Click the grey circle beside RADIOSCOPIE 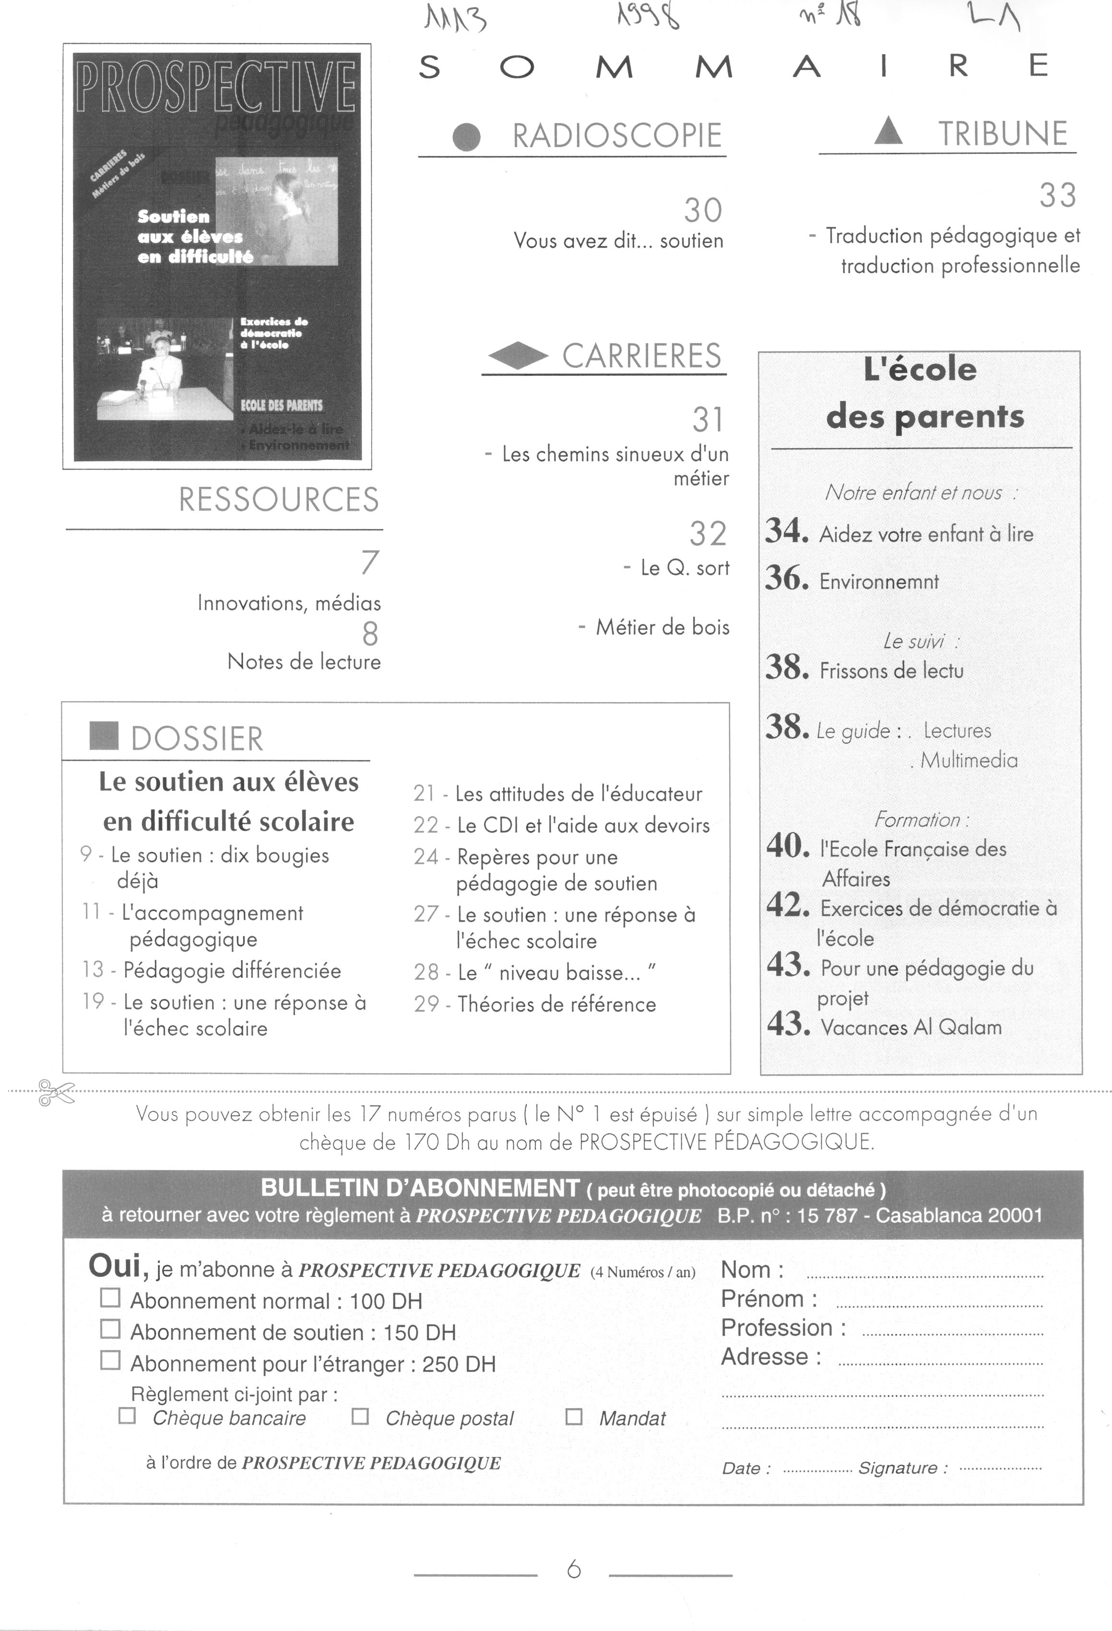pos(467,137)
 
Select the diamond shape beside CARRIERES pos(518,356)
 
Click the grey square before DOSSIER pos(104,736)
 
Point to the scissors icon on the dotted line pos(56,1092)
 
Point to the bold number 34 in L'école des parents pos(786,530)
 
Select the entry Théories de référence pos(556,1004)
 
